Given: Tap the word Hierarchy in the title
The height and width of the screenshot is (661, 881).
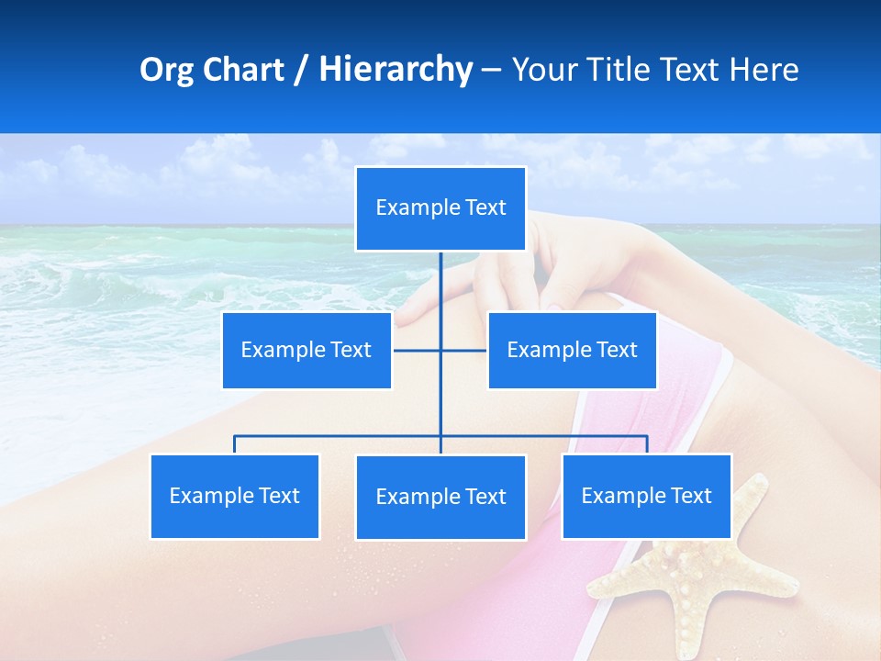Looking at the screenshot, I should pos(396,70).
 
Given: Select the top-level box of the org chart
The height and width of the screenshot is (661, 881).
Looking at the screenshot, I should pos(440,208).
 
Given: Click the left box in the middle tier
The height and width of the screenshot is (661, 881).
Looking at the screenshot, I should pos(307,350).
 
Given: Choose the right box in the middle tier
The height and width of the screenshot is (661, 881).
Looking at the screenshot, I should pos(572,350).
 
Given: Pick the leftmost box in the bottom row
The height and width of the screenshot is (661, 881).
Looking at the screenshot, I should pos(234,496).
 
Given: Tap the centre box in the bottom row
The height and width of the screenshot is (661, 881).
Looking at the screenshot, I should pos(440,497).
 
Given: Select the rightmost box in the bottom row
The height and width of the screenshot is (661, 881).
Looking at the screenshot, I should pos(646,496).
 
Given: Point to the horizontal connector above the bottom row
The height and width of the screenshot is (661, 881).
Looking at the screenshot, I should pos(340,436).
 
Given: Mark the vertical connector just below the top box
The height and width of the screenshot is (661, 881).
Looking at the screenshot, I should pos(440,280).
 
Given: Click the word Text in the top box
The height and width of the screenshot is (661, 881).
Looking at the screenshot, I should pos(485,208).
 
